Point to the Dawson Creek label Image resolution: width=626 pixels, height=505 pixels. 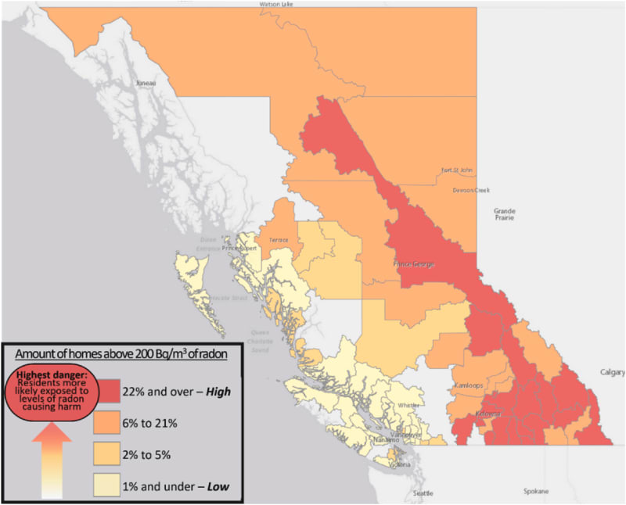click(x=469, y=190)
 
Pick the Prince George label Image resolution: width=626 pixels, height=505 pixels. click(x=413, y=263)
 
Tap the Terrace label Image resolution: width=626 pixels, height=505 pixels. click(x=279, y=240)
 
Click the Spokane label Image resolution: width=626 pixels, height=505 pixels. click(x=537, y=492)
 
